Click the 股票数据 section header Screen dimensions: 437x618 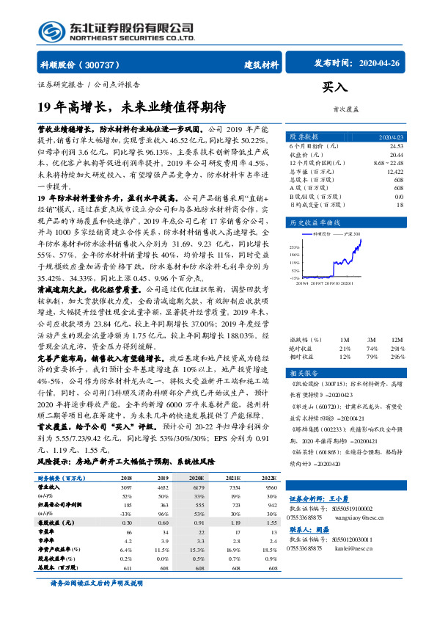tap(304, 137)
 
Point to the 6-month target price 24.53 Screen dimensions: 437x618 tap(396, 146)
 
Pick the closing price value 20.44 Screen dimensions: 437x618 tap(396, 154)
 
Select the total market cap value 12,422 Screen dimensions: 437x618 tap(394, 170)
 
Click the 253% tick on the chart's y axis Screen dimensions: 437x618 tap(295, 247)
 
